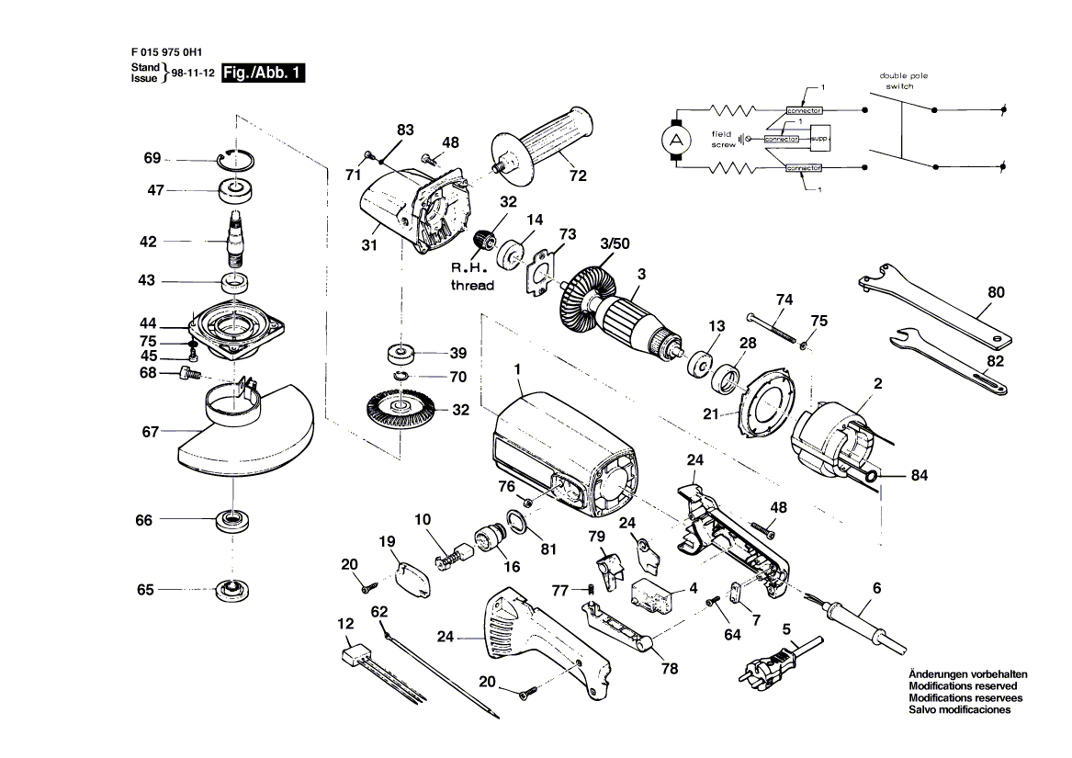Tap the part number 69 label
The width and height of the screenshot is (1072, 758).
point(152,159)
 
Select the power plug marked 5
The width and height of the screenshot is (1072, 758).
point(767,666)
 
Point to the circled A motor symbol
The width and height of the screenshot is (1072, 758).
point(678,141)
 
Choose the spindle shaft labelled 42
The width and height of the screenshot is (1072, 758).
point(236,239)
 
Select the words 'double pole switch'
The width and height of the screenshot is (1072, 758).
point(900,81)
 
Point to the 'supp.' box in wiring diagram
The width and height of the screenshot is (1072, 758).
point(819,138)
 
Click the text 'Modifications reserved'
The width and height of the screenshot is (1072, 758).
point(962,686)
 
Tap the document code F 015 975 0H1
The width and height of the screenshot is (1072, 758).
point(166,53)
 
